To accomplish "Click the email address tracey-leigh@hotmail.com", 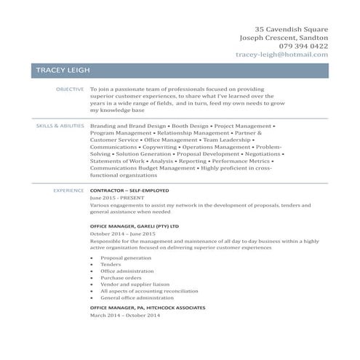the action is point(281,55).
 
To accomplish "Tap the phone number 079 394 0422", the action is point(297,46).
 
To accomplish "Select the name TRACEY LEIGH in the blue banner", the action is point(62,71).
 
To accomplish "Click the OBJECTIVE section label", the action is point(70,89).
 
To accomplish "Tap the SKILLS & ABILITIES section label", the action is point(60,126).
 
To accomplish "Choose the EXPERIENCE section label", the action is point(68,191).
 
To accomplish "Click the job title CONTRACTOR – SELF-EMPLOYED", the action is point(129,191).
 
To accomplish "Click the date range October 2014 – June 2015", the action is point(123,234).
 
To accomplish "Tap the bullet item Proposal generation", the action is point(126,257).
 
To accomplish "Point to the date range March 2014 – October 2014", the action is point(124,315).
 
